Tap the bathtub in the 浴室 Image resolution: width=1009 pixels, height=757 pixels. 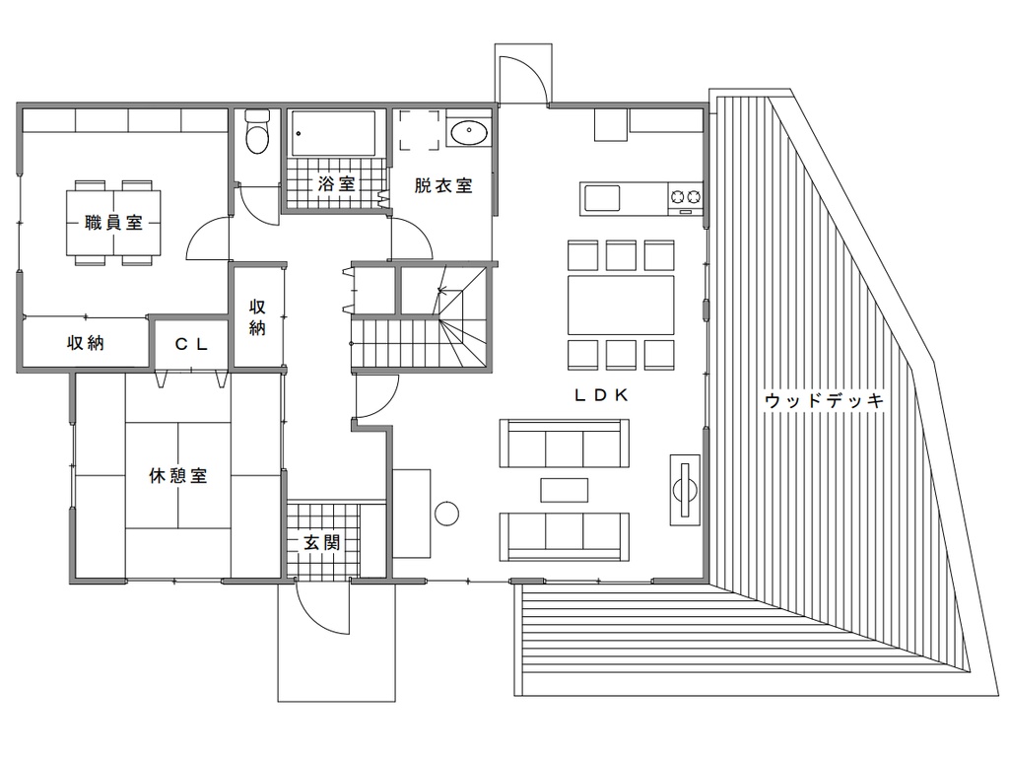click(333, 134)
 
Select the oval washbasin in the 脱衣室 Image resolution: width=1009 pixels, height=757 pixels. click(468, 133)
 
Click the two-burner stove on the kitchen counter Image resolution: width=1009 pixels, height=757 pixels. click(686, 196)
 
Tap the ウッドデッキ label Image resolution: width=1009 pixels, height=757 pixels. click(825, 400)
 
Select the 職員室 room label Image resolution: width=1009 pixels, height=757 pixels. click(113, 223)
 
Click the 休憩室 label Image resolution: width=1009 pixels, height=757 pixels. click(178, 476)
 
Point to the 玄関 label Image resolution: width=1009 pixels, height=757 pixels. click(322, 543)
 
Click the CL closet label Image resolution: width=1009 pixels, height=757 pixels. click(191, 344)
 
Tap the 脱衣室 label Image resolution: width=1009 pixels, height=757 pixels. click(443, 185)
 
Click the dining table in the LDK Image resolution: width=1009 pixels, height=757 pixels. click(621, 305)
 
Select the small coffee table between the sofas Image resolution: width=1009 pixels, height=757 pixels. click(565, 490)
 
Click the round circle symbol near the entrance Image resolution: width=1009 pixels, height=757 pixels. click(446, 515)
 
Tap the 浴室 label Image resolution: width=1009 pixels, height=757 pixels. click(337, 184)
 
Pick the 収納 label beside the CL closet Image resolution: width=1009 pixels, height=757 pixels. click(86, 343)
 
